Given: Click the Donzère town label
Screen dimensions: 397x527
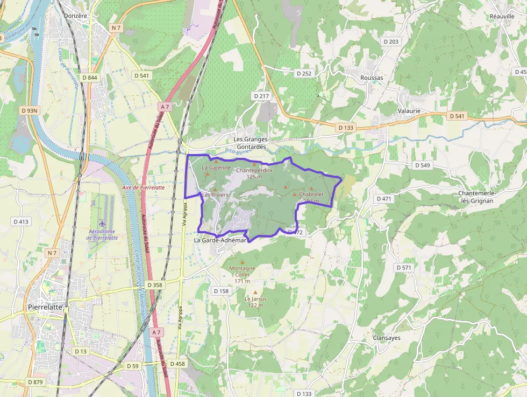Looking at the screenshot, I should (x=75, y=16).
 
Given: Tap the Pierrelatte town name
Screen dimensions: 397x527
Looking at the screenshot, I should (x=45, y=307).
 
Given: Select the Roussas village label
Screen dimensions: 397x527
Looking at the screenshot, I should (x=372, y=78).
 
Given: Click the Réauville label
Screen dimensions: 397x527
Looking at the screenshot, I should (x=502, y=16).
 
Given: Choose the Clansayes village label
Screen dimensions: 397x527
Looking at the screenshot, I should (x=387, y=338).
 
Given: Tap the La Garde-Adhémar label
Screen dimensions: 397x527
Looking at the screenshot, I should (x=220, y=240).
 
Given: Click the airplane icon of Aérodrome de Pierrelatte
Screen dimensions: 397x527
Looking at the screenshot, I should (x=103, y=223).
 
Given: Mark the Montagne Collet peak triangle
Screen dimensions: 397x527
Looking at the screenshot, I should (x=242, y=262).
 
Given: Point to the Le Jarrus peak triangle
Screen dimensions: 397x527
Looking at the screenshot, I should (x=255, y=292).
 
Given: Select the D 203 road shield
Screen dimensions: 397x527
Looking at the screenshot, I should (x=391, y=41).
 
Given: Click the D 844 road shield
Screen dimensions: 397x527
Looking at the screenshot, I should (x=90, y=78).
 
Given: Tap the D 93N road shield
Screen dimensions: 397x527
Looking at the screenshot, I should (x=30, y=110).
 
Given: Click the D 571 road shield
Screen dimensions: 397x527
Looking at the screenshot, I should (x=403, y=268).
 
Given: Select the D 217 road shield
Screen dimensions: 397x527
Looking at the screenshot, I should (x=261, y=95).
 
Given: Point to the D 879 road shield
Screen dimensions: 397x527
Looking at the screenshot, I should (x=35, y=382).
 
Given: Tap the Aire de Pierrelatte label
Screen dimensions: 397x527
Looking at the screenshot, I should (x=143, y=187).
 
